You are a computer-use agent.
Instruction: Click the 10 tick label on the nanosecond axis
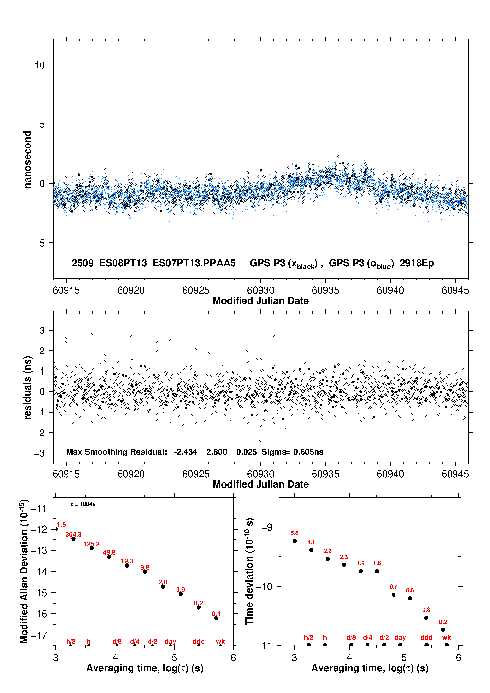(40, 65)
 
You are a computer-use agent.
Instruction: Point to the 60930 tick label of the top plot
(260, 290)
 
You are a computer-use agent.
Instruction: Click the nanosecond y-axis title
(28, 159)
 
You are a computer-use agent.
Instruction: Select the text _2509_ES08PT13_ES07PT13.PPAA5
(151, 263)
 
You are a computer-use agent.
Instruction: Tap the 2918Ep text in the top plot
(417, 263)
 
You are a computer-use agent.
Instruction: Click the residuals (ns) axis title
(28, 387)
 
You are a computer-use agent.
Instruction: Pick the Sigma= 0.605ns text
(292, 452)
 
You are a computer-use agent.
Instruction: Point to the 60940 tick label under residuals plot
(390, 474)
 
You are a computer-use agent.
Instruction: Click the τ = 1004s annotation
(83, 504)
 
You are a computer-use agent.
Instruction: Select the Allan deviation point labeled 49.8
(109, 557)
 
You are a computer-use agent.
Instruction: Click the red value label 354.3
(73, 535)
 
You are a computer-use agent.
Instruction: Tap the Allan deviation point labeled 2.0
(163, 587)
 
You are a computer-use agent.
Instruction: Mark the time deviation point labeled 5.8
(295, 541)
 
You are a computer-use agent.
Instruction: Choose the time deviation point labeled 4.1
(311, 550)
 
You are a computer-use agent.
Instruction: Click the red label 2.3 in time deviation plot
(344, 557)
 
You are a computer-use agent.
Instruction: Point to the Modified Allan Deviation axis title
(24, 571)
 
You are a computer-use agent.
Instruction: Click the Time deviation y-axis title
(249, 571)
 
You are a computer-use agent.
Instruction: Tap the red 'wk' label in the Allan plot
(220, 641)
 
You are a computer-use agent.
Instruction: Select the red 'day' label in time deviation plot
(400, 638)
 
